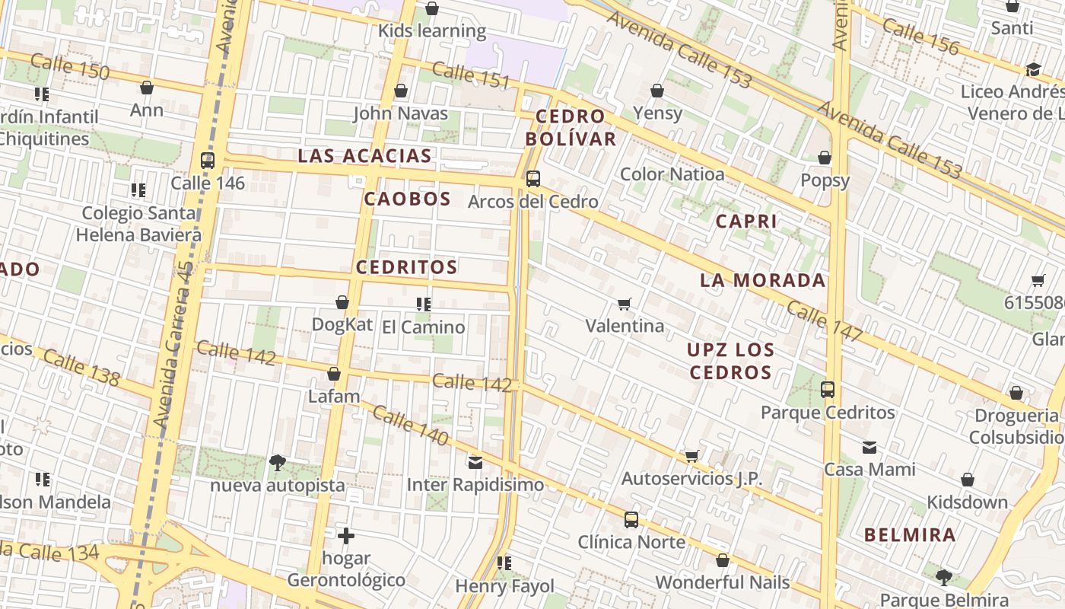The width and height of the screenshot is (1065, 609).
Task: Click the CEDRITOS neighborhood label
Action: click(406, 267)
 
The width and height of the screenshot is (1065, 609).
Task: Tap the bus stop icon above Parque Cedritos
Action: click(828, 390)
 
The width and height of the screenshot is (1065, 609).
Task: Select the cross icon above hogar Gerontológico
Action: click(346, 536)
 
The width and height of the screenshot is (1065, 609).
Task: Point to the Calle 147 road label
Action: click(825, 320)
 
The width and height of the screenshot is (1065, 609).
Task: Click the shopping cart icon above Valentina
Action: click(625, 304)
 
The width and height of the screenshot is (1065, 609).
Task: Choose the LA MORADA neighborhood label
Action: click(762, 280)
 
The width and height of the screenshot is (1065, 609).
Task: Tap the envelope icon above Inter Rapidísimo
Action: click(475, 462)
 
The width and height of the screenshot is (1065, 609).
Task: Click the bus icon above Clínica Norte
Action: click(631, 520)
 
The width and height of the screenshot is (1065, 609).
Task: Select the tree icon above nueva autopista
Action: click(278, 462)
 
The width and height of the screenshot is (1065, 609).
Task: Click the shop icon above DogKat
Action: click(342, 303)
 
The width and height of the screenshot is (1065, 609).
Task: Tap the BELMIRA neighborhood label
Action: click(910, 534)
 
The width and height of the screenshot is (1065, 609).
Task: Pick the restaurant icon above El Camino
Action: click(424, 304)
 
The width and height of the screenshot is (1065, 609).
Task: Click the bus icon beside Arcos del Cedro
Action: click(533, 179)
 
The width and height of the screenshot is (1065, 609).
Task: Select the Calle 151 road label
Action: click(471, 75)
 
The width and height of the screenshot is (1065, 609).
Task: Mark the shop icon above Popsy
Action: click(825, 158)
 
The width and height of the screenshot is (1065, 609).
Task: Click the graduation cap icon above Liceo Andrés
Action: click(1033, 70)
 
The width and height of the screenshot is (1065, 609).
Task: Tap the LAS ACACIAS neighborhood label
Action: click(364, 156)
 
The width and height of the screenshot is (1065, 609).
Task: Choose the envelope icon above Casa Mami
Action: click(869, 448)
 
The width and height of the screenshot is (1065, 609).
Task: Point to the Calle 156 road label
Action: click(920, 37)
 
